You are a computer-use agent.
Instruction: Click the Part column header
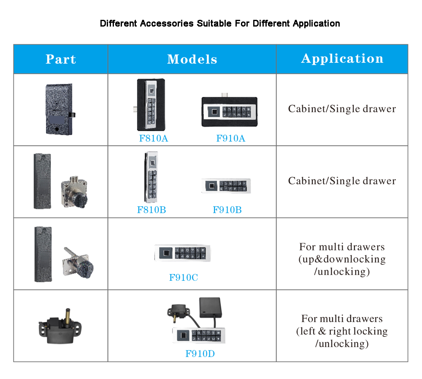(x=61, y=59)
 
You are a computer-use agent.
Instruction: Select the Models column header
(x=192, y=59)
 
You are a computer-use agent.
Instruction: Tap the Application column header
(x=342, y=59)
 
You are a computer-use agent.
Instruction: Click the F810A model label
(x=153, y=138)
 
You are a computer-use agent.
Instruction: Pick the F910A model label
(x=230, y=138)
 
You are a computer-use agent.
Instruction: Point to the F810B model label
(x=151, y=210)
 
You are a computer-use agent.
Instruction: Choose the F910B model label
(x=227, y=210)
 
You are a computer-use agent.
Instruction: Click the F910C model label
(x=183, y=277)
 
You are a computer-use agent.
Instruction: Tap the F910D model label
(x=200, y=353)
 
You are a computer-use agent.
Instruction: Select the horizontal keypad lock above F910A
(x=229, y=112)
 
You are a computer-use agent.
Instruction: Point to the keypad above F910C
(x=182, y=253)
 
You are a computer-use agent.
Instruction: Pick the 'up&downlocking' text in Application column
(x=342, y=259)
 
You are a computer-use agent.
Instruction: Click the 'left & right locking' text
(x=342, y=331)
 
